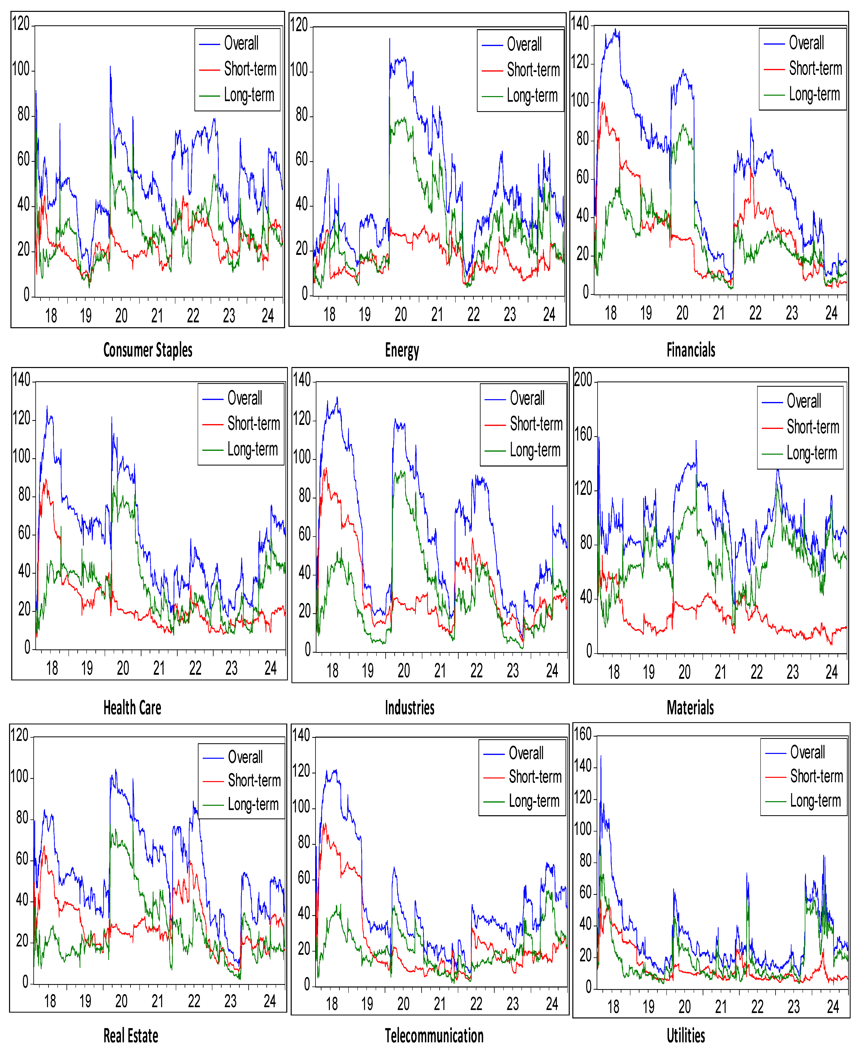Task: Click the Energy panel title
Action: click(x=402, y=350)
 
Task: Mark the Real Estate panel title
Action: click(x=131, y=1035)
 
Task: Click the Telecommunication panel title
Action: click(x=434, y=1035)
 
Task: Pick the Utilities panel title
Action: click(x=686, y=1035)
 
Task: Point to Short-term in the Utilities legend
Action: click(x=816, y=776)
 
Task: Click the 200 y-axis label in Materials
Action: click(x=583, y=380)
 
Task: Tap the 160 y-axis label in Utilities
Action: click(x=583, y=734)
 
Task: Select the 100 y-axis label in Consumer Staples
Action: click(x=21, y=69)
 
